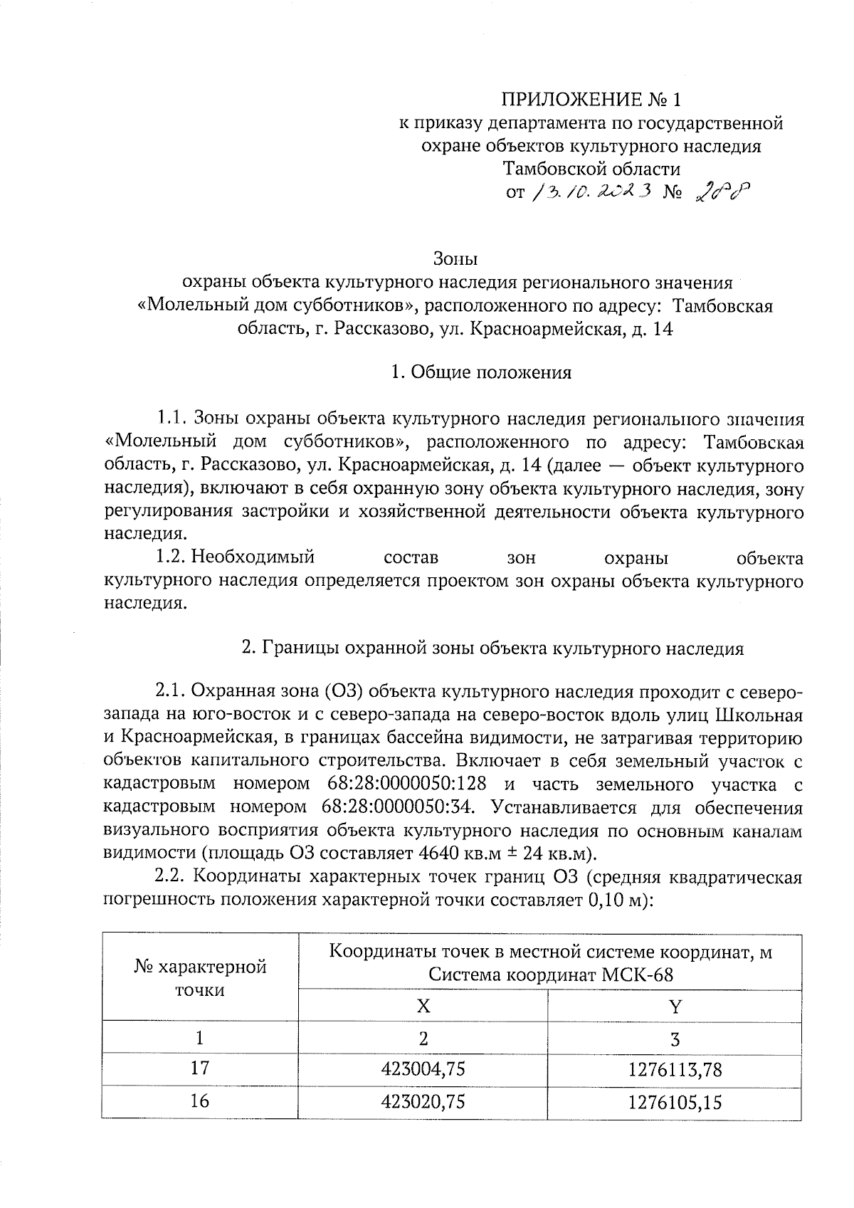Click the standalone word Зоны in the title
(455, 258)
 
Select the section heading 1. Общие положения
(482, 373)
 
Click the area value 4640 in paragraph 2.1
(440, 854)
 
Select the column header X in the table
(423, 1006)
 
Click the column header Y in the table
(675, 1006)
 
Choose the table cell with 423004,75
(423, 1069)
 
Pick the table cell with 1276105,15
(675, 1102)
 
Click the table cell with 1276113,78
(675, 1069)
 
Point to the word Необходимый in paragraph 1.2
(253, 557)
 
